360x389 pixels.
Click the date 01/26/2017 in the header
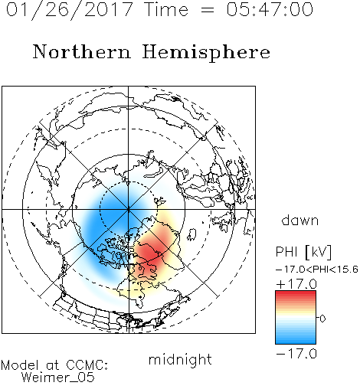pos(70,10)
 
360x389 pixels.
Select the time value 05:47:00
pos(270,9)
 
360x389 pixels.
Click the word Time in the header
pos(166,9)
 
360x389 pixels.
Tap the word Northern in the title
pos(82,51)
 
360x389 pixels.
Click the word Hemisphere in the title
pos(206,53)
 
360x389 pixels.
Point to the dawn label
pos(299,220)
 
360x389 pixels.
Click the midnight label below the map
pos(180,359)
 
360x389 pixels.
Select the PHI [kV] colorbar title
pos(303,252)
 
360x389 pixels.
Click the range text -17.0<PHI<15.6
pos(317,270)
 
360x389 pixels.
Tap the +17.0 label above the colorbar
pos(296,284)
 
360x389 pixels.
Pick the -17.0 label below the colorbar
pos(296,354)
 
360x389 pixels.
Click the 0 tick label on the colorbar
pos(322,319)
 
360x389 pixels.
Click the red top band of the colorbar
pos(296,294)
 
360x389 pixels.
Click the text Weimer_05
pos(58,378)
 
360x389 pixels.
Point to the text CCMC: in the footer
pos(87,365)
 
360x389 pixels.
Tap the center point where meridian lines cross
pos(129,210)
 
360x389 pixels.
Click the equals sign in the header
pos(207,10)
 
